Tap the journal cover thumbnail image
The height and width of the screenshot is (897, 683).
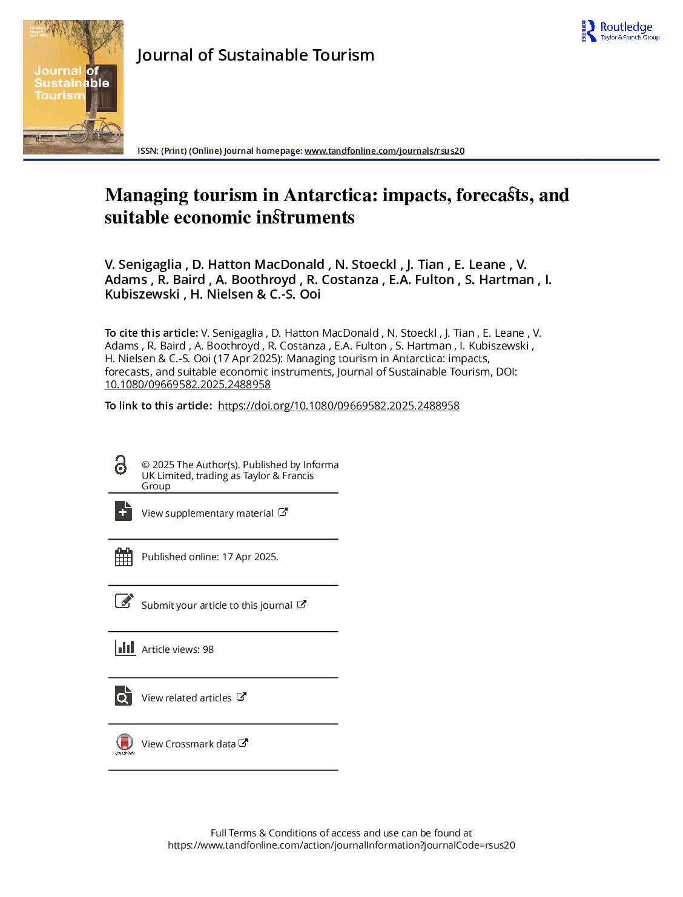click(x=73, y=87)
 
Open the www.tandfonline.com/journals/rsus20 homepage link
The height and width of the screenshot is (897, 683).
click(x=384, y=151)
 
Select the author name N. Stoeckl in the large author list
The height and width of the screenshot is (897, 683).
click(x=365, y=265)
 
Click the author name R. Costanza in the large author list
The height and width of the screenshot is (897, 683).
click(x=342, y=280)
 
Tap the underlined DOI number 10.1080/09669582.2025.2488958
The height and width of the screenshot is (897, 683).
click(x=188, y=385)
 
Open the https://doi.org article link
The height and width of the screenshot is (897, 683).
click(x=338, y=406)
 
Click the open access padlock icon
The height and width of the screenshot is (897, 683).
click(x=121, y=465)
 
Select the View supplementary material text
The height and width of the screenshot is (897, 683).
click(x=207, y=514)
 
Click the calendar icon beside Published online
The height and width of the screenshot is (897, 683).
click(x=124, y=557)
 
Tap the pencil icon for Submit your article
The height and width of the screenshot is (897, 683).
click(x=124, y=601)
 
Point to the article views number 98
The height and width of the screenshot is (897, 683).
click(x=208, y=649)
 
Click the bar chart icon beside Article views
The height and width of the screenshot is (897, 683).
click(x=125, y=647)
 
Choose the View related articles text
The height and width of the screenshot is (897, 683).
click(x=186, y=698)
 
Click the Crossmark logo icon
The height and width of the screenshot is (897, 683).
click(x=125, y=743)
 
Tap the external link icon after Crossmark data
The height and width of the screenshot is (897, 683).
click(x=243, y=743)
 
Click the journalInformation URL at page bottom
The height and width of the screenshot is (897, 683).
click(x=342, y=845)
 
